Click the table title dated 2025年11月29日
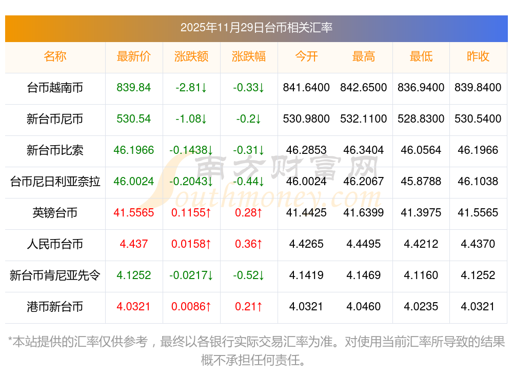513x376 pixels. point(256,27)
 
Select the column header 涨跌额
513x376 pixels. point(191,56)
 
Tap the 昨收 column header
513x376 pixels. point(478,56)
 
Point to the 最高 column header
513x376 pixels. point(364,56)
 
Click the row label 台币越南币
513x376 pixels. point(55,88)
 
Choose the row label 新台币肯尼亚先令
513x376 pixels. point(55,275)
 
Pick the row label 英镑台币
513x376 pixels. point(55,213)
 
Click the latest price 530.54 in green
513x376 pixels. point(134,119)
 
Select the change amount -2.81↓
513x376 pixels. point(191,88)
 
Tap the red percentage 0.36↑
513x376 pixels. point(249,244)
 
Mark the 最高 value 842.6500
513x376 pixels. point(364,88)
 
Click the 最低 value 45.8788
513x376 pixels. point(421,182)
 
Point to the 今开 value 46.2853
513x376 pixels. point(306,150)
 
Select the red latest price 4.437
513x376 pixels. point(134,244)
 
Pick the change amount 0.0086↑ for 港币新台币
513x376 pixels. point(191,307)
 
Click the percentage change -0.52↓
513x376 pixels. point(249,275)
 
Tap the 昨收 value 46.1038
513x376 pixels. point(478,182)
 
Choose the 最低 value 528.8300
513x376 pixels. point(421,119)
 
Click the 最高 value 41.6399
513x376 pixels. point(364,213)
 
